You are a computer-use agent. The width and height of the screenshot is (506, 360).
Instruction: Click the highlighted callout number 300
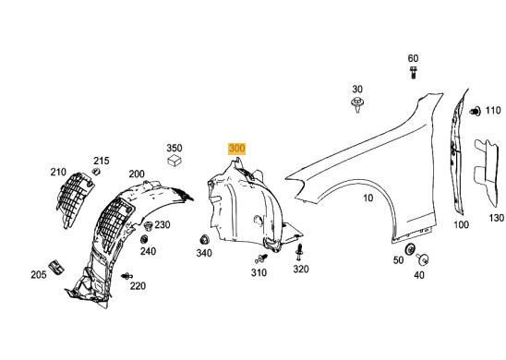pyautogui.click(x=237, y=149)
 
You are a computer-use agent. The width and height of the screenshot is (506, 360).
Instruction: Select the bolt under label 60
pyautogui.click(x=413, y=72)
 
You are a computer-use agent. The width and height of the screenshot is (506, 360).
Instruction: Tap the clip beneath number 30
pyautogui.click(x=357, y=104)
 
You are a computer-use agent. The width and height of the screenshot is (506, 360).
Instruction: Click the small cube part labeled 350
pyautogui.click(x=175, y=160)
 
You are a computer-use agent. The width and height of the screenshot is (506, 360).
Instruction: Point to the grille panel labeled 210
pyautogui.click(x=74, y=199)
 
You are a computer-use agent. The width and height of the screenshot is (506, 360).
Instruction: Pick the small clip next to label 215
pyautogui.click(x=96, y=172)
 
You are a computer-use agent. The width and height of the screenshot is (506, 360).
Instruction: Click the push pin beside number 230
pyautogui.click(x=148, y=226)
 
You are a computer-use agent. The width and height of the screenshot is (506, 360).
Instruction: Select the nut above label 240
pyautogui.click(x=144, y=239)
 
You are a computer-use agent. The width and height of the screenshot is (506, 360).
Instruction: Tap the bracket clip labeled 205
pyautogui.click(x=55, y=267)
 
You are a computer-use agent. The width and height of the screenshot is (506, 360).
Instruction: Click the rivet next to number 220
pyautogui.click(x=127, y=276)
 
